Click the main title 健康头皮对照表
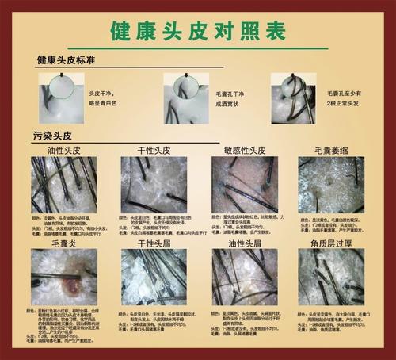[x=197, y=31]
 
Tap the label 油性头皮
[x=64, y=149]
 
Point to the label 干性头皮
[x=153, y=149]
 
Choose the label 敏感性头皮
[x=243, y=149]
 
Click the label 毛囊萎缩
[x=331, y=149]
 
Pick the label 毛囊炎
[x=63, y=243]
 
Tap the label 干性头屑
[x=153, y=243]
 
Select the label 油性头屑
[x=243, y=243]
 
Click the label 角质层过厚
[x=331, y=243]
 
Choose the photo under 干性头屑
[x=154, y=278]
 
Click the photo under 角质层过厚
[x=331, y=278]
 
